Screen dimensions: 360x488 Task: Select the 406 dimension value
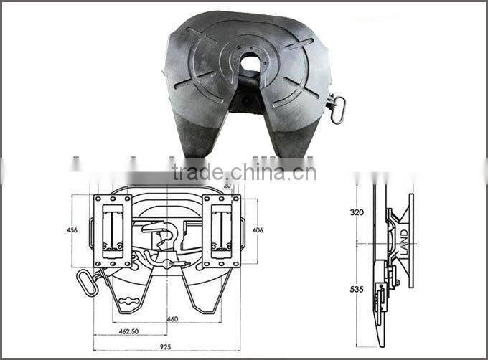(x=258, y=230)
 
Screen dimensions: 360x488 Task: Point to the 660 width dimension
(x=173, y=318)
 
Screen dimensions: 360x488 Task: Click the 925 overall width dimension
(x=166, y=346)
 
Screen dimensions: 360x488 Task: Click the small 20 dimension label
(x=227, y=185)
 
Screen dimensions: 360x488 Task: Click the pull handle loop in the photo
(x=337, y=109)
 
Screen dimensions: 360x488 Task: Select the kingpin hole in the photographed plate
(x=250, y=64)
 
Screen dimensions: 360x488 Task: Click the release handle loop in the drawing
(x=87, y=282)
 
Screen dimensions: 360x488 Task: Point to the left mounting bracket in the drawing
(x=112, y=231)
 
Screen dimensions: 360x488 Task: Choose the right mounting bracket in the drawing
(x=221, y=231)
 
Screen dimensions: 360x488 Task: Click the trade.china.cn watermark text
(x=244, y=173)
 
